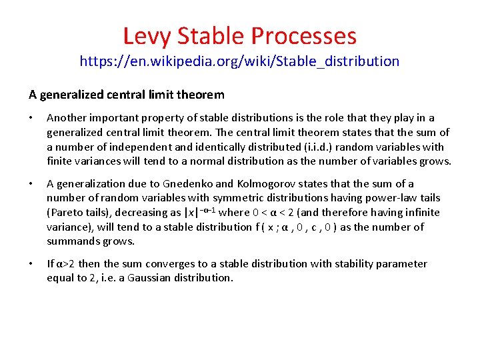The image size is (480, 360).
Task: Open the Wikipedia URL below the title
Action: pyautogui.click(x=239, y=62)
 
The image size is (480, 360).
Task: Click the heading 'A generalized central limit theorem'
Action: pyautogui.click(x=127, y=95)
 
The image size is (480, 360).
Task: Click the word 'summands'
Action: pyautogui.click(x=73, y=241)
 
